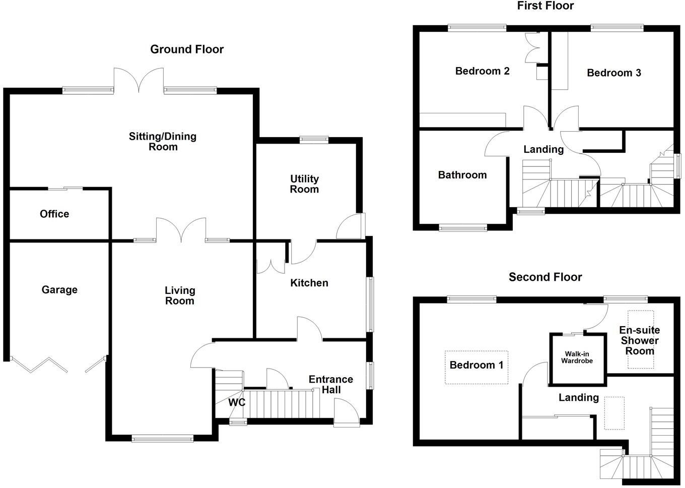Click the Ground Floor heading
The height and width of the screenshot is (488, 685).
pyautogui.click(x=187, y=49)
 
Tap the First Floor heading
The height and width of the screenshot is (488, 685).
pyautogui.click(x=545, y=6)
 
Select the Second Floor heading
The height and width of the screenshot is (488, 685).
pyautogui.click(x=545, y=277)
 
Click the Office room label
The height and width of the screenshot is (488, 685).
pyautogui.click(x=54, y=214)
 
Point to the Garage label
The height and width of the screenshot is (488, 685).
pyautogui.click(x=59, y=290)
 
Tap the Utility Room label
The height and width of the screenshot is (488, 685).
pyautogui.click(x=304, y=184)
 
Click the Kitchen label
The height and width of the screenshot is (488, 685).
pyautogui.click(x=309, y=283)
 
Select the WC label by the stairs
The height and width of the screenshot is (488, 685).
pyautogui.click(x=237, y=402)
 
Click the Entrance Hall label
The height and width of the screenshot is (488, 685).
pyautogui.click(x=331, y=384)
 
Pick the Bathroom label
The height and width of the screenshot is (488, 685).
pyautogui.click(x=462, y=175)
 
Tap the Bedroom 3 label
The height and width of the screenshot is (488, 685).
pyautogui.click(x=614, y=73)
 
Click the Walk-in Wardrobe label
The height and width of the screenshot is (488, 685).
pyautogui.click(x=577, y=357)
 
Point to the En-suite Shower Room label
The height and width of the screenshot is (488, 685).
pyautogui.click(x=640, y=340)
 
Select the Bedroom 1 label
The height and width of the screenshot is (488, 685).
pyautogui.click(x=476, y=365)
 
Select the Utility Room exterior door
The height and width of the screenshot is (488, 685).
pyautogui.click(x=351, y=227)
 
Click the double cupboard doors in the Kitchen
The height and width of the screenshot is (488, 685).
pyautogui.click(x=270, y=266)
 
